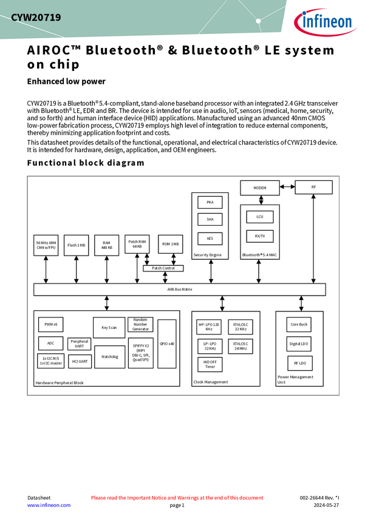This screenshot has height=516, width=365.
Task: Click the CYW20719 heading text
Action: coord(36,18)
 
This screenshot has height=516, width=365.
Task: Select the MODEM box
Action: coord(259,188)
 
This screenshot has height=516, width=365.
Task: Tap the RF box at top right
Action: coord(313,187)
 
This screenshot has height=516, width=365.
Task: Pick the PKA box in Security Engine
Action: coord(210,202)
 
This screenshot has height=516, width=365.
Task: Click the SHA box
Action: coord(210,219)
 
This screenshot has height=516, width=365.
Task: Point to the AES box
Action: coord(210,239)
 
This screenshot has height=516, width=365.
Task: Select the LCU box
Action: coord(259,217)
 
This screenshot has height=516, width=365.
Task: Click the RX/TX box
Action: coord(259,236)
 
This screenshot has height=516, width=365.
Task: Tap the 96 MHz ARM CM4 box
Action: coord(46,245)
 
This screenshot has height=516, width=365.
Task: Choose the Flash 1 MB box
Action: coord(76,245)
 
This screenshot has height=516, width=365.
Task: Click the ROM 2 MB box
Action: coord(170,244)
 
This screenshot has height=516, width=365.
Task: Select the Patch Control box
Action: coord(163,268)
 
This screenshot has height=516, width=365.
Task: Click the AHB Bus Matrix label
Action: coord(179,290)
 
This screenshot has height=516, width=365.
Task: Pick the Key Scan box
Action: coord(109,327)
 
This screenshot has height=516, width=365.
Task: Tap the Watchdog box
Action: coord(109,357)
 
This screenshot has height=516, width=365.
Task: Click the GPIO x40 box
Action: coord(166,344)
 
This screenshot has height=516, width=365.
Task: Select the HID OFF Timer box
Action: coord(210,364)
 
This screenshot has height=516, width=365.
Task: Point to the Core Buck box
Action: coord(299,325)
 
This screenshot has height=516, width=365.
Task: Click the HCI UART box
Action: coord(80,361)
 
